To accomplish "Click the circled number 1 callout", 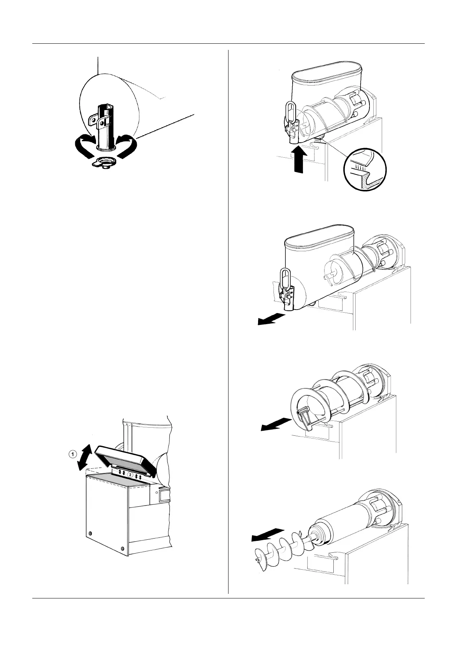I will (71, 454).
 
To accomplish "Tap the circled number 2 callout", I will (131, 475).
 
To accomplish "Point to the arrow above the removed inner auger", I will (267, 534).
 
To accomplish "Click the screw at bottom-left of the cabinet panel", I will (90, 534).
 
